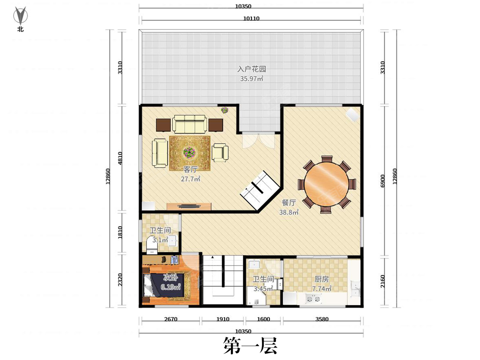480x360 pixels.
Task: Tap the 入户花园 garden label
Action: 252,69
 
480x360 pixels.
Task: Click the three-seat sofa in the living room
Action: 189,124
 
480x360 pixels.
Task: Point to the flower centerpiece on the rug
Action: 189,153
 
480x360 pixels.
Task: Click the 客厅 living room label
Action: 190,169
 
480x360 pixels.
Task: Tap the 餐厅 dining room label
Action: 289,203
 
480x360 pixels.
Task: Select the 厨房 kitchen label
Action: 322,279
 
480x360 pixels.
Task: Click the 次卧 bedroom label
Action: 170,278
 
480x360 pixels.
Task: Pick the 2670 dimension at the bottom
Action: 170,319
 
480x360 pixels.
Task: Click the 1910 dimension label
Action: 223,319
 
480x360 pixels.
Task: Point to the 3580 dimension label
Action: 322,319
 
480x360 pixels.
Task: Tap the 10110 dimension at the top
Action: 251,18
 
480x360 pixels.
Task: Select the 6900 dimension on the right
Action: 382,181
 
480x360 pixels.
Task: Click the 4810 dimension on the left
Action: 120,158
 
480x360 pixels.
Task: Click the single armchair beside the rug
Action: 220,152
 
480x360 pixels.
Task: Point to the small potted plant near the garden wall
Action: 224,110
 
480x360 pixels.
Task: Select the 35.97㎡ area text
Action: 252,78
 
